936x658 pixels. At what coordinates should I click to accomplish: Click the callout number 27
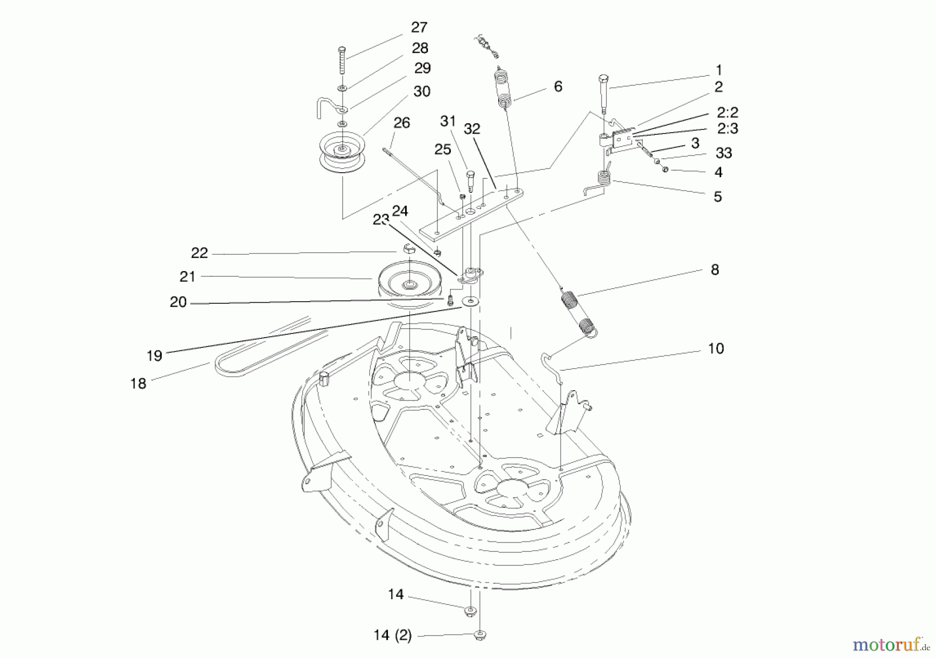coord(419,28)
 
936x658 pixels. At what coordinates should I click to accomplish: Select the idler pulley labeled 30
coord(341,151)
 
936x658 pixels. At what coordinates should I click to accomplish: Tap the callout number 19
coord(154,356)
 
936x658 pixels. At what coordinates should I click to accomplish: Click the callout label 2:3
coord(727,128)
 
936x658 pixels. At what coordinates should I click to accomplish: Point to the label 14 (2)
coord(392,635)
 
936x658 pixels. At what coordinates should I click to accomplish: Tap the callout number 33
coord(723,153)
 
